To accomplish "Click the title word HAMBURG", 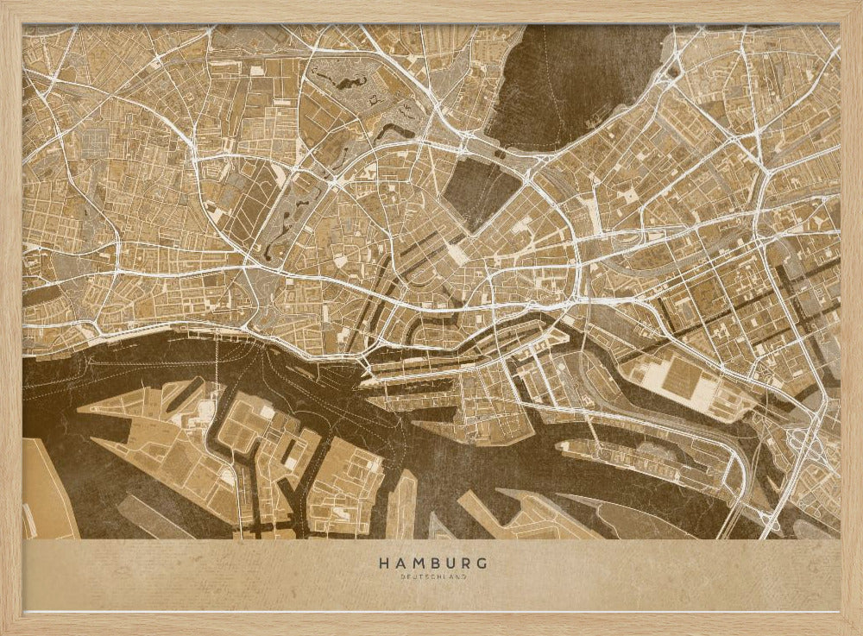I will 431,563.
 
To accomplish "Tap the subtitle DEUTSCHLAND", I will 431,576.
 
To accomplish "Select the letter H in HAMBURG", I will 382,563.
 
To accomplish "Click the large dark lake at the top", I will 578,82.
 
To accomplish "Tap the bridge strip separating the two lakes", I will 509,155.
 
